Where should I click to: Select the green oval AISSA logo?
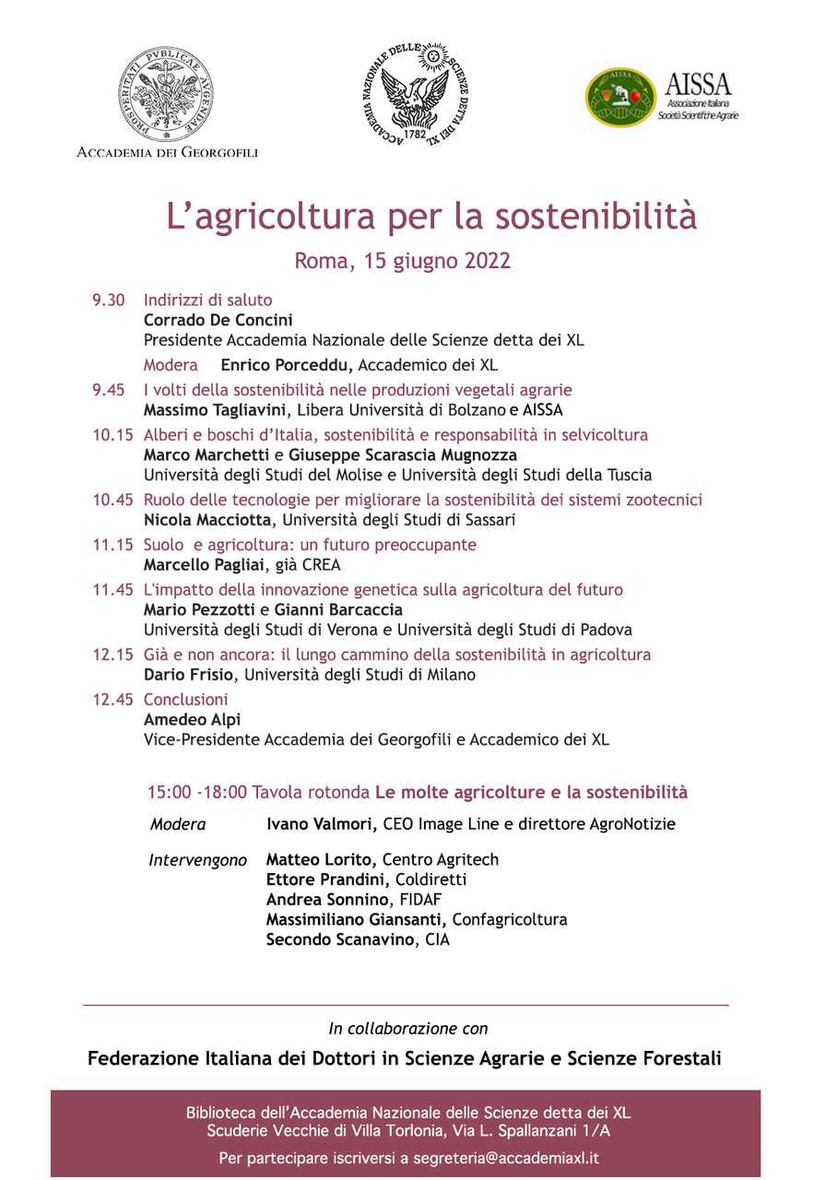(x=620, y=95)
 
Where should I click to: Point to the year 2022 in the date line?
(x=481, y=261)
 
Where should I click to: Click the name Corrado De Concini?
(x=218, y=320)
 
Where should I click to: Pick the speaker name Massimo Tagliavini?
(x=215, y=409)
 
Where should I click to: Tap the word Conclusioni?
(x=185, y=700)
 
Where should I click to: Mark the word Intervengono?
(x=197, y=860)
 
